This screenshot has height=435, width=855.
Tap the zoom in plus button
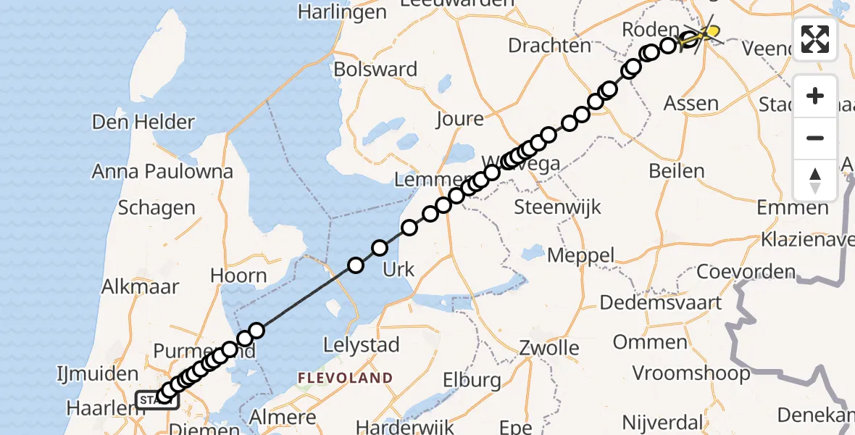815,96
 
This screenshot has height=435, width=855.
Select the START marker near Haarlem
156,399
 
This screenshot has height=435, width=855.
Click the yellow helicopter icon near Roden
706,32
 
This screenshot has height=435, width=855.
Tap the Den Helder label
143,122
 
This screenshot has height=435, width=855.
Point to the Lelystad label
362,344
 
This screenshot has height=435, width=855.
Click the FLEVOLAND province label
345,378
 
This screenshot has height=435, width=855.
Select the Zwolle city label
549,347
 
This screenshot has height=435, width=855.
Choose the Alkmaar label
140,286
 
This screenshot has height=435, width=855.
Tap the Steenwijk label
557,207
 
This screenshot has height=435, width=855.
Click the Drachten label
549,46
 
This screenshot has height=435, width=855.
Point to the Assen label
691,104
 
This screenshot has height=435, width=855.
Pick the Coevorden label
746,273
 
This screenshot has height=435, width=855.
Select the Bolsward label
375,70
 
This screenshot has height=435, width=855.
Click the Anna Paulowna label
162,172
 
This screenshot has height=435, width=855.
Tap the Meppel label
580,255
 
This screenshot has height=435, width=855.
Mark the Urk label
398,270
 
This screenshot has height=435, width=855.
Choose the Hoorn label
238,275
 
